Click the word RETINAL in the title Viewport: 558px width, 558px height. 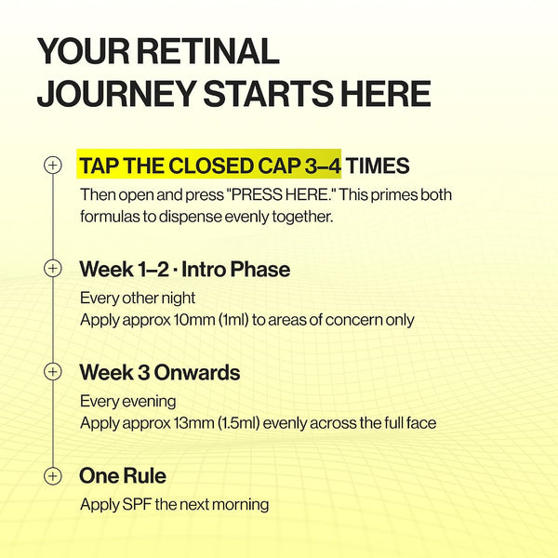207,51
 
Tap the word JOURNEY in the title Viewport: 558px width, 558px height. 117,93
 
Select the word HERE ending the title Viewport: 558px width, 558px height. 386,93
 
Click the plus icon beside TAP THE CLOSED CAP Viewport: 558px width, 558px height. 53,166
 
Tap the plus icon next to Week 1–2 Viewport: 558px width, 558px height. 53,269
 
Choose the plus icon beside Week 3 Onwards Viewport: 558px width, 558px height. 53,371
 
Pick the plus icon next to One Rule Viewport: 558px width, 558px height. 53,476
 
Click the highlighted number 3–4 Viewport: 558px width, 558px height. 323,166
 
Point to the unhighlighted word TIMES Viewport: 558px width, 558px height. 378,166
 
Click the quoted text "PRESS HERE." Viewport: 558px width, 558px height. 282,194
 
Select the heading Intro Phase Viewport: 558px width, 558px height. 235,269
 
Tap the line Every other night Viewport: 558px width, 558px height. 138,299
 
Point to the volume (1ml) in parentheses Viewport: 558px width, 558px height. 233,320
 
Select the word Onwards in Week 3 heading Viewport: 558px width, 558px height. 197,373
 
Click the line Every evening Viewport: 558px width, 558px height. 128,402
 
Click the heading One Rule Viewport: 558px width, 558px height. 123,476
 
